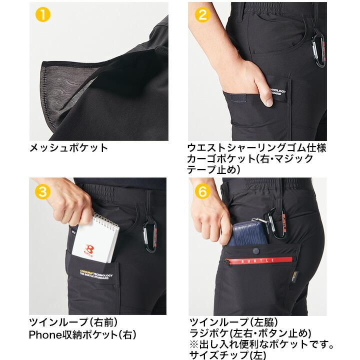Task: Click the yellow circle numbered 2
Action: pyautogui.click(x=202, y=14)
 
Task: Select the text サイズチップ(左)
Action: pyautogui.click(x=221, y=355)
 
